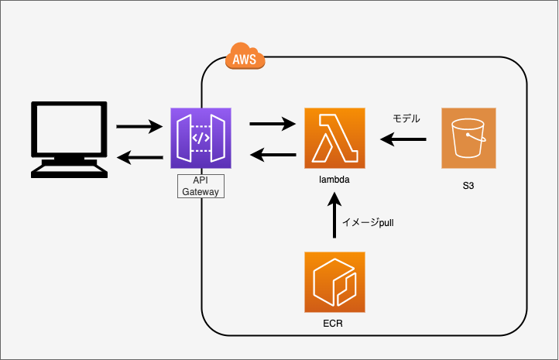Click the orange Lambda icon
[334, 139]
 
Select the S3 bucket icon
[468, 139]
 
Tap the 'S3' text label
[468, 186]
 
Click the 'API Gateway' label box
[201, 185]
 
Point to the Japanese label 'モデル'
[406, 118]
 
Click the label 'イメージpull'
[369, 222]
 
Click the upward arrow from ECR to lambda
[334, 216]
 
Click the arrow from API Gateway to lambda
[273, 122]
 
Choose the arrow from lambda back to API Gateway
[273, 156]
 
